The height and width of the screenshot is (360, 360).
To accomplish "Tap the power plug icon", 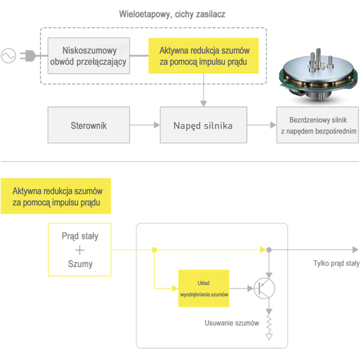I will [28, 56].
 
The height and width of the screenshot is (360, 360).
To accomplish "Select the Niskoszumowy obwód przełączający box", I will [89, 56].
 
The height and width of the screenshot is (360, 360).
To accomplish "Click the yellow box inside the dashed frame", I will [203, 56].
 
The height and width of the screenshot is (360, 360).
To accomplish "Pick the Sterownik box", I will [89, 125].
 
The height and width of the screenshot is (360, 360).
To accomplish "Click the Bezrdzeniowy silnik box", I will [316, 125].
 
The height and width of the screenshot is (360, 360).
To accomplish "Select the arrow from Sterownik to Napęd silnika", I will [145, 125].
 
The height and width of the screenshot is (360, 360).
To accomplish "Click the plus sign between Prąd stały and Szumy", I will [80, 250].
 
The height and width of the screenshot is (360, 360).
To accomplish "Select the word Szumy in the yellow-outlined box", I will [80, 264].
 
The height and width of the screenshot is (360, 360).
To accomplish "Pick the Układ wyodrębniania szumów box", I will [205, 288].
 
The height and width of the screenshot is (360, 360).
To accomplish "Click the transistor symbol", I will [264, 288].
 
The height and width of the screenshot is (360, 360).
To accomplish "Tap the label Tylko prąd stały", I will [335, 263].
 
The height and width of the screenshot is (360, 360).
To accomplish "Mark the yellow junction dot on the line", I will [154, 250].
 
